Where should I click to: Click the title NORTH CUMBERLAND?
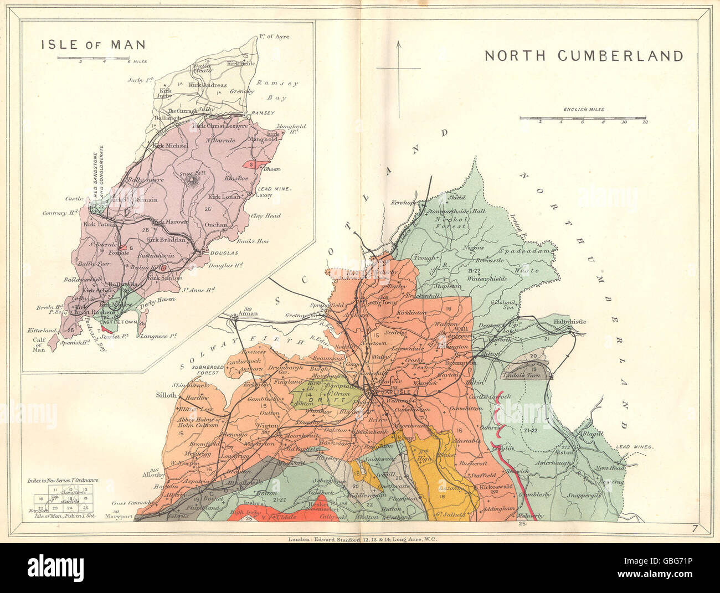584,56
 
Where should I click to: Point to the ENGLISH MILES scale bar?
583,118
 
